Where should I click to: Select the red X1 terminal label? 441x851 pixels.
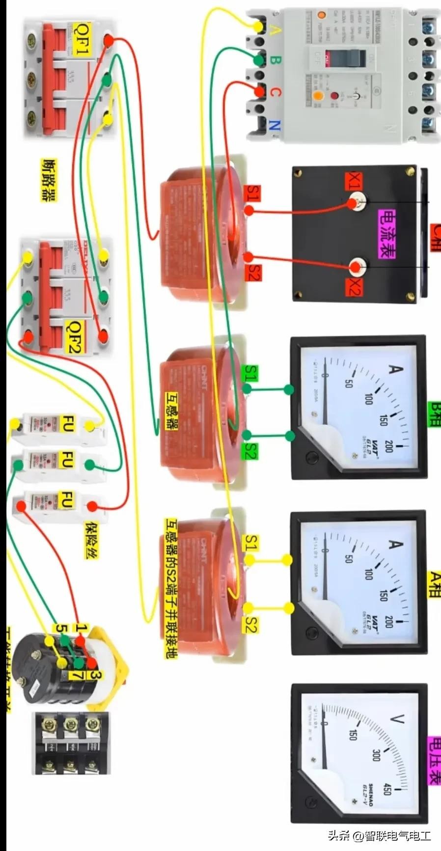(354, 181)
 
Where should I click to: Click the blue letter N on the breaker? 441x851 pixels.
(274, 125)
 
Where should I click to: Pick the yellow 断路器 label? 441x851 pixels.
(48, 180)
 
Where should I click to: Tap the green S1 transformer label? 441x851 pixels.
(251, 373)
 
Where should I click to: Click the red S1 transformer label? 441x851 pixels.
(253, 193)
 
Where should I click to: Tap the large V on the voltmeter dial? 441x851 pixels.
(396, 719)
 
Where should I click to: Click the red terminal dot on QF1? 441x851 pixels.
(109, 42)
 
